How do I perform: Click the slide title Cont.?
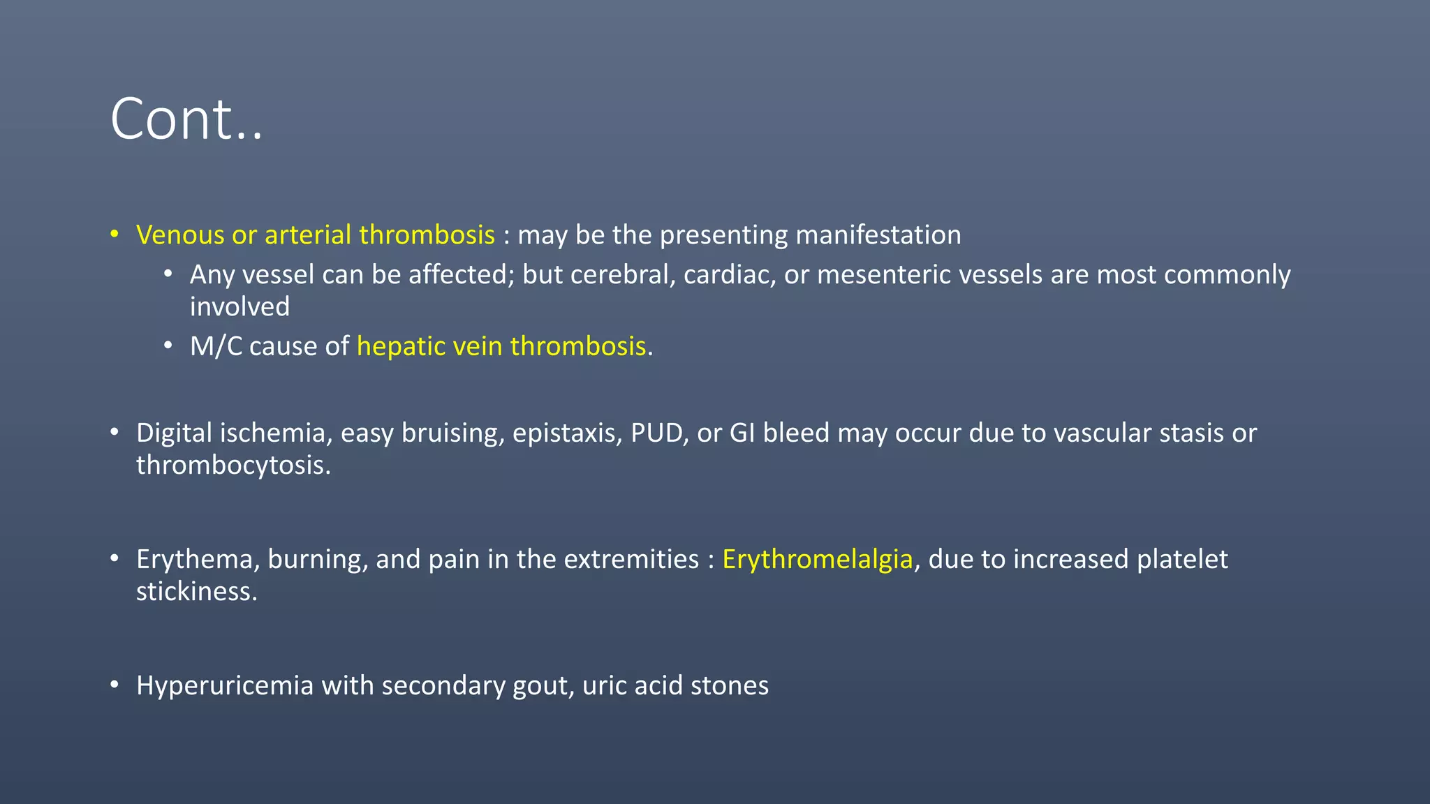tap(186, 119)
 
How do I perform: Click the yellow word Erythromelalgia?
tap(817, 560)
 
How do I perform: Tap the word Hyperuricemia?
tap(225, 686)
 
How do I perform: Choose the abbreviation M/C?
tap(216, 347)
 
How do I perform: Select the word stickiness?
tap(196, 592)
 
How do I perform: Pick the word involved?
tap(239, 307)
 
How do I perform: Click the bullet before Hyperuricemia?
tap(115, 685)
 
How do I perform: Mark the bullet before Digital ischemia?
tap(115, 432)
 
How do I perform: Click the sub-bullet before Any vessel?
tap(168, 274)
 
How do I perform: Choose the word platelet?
tap(1181, 560)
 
